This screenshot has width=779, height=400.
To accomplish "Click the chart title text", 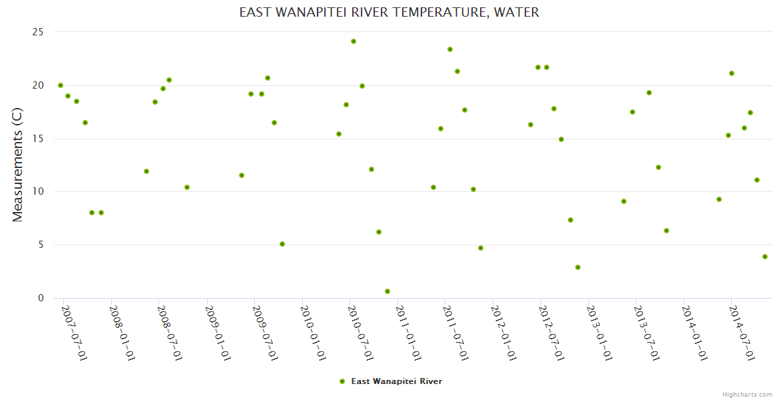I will coord(389,13).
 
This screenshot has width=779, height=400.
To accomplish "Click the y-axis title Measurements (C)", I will coord(18,165).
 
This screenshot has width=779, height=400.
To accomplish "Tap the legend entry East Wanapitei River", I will coord(396,381).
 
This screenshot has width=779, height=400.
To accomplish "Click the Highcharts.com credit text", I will coord(747,395).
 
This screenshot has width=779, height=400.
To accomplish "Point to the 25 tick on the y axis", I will coord(37,32).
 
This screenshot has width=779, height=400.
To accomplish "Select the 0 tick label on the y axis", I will coord(41,298).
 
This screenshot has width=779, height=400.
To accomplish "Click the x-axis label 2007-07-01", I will coord(73,333).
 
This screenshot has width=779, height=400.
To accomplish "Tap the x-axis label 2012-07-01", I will coord(549,333).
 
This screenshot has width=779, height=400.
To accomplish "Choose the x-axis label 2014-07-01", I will coord(740,333).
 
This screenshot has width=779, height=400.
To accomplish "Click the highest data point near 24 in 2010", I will coord(354,41).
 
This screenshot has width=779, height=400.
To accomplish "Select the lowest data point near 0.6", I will coord(388,291).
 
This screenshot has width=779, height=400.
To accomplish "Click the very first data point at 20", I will coord(61,85).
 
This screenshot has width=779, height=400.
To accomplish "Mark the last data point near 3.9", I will coord(765,257).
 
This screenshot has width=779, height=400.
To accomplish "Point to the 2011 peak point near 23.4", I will coord(450,49).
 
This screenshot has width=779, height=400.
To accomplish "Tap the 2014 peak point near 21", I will coord(732,73).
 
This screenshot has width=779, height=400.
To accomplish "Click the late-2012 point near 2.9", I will coord(578,267).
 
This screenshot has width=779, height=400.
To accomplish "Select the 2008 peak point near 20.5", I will coord(169,80).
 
